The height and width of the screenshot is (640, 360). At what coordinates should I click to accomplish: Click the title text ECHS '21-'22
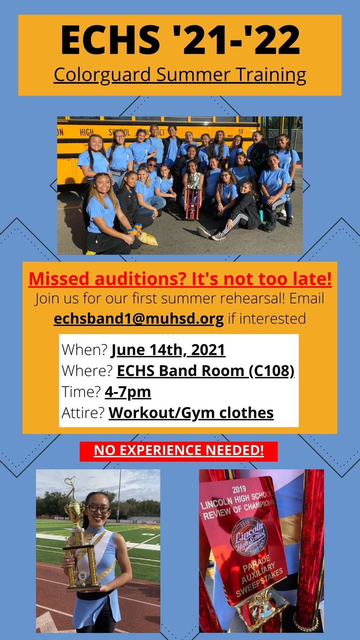pos(180,41)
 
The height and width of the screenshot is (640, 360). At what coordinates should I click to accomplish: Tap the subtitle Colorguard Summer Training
pos(180,75)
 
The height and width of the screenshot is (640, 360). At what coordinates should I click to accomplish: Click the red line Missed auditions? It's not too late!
pos(180,278)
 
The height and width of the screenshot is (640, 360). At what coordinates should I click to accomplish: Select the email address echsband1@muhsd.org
pos(139,318)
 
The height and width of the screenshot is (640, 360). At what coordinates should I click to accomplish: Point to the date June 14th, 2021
pos(168,350)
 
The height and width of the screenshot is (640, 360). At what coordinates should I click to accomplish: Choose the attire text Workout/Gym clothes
pos(191,413)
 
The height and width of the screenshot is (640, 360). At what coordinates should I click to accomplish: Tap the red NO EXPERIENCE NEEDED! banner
pos(179,451)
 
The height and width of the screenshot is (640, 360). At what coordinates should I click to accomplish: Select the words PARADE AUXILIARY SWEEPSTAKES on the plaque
pos(261,573)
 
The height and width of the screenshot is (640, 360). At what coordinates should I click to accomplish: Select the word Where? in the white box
pos(86,371)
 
